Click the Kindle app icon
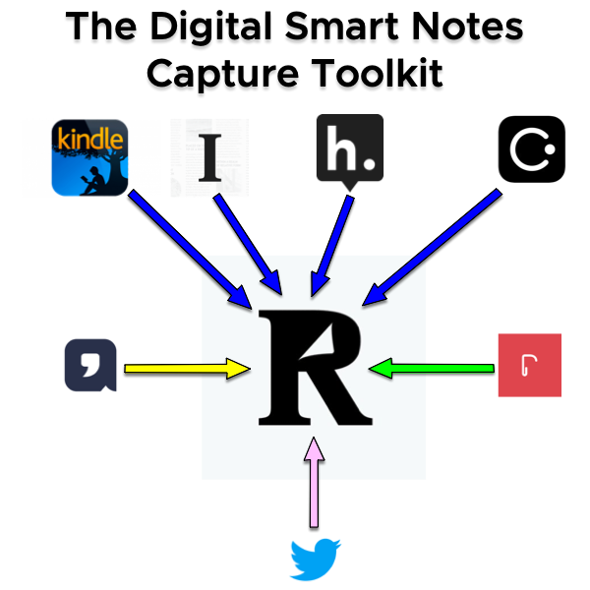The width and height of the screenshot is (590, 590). coord(89,156)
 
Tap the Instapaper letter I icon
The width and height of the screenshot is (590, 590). coord(208,157)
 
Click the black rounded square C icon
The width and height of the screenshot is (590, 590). coord(531,149)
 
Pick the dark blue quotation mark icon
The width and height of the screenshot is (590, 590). coord(91,365)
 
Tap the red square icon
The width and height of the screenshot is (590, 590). coord(530,366)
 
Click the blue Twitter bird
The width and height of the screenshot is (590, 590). coord(315,559)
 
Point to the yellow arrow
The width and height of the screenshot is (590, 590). coord(187,370)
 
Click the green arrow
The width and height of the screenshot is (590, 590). coord(433,369)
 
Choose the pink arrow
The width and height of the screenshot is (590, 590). coord(314,482)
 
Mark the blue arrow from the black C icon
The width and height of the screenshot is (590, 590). coord(433,244)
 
